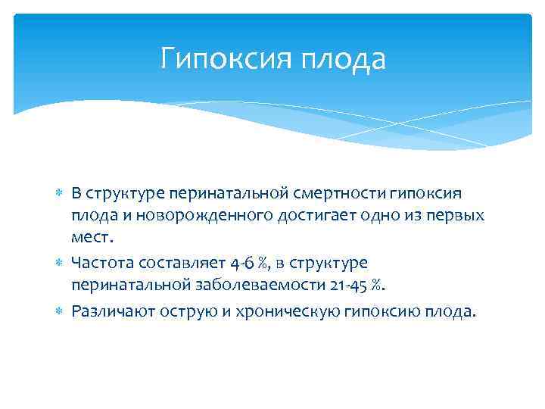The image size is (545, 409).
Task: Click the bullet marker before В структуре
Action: click(60, 195)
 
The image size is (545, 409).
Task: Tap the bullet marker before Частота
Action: click(60, 263)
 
